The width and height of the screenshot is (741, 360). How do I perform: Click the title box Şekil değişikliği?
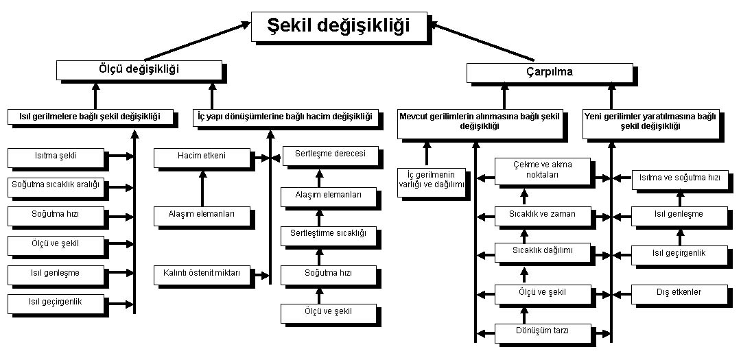pyautogui.click(x=339, y=27)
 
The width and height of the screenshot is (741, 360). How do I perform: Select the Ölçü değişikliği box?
pyautogui.click(x=139, y=70)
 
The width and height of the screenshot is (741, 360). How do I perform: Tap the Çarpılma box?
pyautogui.click(x=550, y=73)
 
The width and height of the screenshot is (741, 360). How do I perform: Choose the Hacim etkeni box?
pyautogui.click(x=202, y=158)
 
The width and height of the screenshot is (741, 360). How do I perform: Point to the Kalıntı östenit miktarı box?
pyautogui.click(x=202, y=275)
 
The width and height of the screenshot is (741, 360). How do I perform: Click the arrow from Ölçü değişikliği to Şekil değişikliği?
pyautogui.click(x=197, y=40)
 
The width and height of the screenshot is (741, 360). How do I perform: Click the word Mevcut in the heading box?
pyautogui.click(x=412, y=117)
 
